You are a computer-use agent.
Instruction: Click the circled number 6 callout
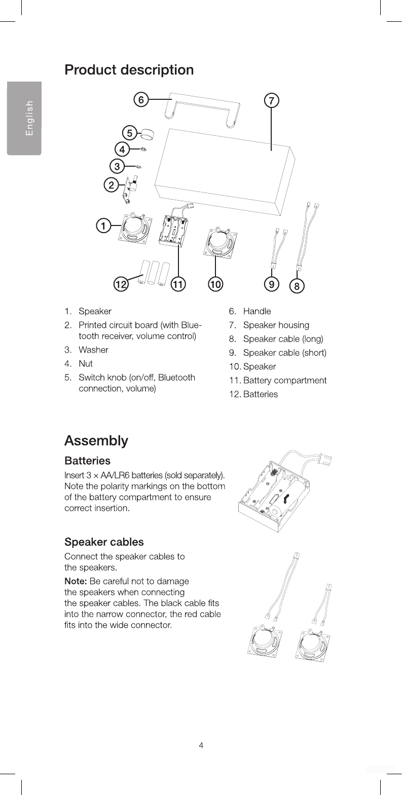pyautogui.click(x=141, y=100)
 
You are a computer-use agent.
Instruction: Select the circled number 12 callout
pyautogui.click(x=121, y=284)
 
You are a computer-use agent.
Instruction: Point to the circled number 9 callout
pyautogui.click(x=272, y=284)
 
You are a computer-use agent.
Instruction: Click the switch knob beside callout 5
pyautogui.click(x=147, y=134)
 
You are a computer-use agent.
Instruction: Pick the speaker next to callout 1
pyautogui.click(x=134, y=228)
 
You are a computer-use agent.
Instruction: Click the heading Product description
pyautogui.click(x=129, y=69)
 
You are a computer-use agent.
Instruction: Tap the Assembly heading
pyautogui.click(x=96, y=440)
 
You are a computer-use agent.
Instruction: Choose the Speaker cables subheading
pyautogui.click(x=103, y=542)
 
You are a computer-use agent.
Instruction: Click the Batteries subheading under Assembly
pyautogui.click(x=87, y=461)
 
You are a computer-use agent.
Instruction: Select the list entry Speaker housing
pyautogui.click(x=276, y=325)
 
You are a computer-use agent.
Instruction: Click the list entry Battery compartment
pyautogui.click(x=284, y=380)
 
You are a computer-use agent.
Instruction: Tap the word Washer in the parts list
pyautogui.click(x=93, y=350)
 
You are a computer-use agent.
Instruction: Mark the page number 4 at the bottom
pyautogui.click(x=201, y=745)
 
